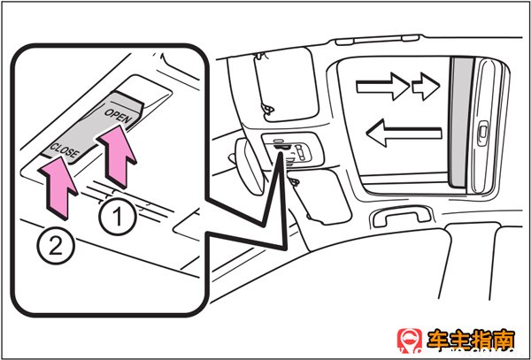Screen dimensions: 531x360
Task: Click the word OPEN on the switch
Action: [x=117, y=117]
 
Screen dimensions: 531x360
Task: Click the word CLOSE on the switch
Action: [x=65, y=150]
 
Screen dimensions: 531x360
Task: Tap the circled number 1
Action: [x=118, y=217]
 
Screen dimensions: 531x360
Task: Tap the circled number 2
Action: [x=56, y=246]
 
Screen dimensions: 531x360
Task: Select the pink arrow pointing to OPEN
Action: [x=117, y=157]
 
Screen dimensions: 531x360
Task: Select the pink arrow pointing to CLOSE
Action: [x=58, y=188]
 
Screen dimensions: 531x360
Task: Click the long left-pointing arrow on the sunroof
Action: [x=404, y=133]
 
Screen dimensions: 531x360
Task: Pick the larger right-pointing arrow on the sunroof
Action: [x=383, y=87]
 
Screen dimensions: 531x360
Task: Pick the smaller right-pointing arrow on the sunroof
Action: [x=426, y=87]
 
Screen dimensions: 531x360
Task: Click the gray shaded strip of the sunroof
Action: [x=460, y=122]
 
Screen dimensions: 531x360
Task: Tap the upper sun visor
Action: [x=286, y=85]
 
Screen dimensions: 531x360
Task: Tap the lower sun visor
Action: [x=320, y=196]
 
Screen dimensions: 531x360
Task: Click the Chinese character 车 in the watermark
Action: [x=438, y=341]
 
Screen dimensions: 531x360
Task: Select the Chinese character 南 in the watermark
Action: [x=504, y=341]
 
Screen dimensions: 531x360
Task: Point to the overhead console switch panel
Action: [x=292, y=149]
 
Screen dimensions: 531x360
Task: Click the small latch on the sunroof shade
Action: [x=482, y=134]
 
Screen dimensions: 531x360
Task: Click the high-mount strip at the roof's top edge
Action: [x=378, y=40]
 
